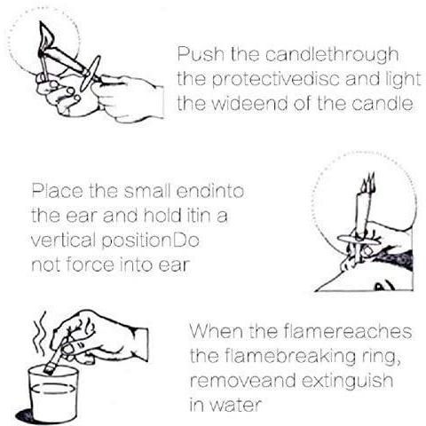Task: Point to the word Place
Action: pyautogui.click(x=57, y=191)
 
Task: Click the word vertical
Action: pyautogui.click(x=65, y=241)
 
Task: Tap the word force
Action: pyautogui.click(x=90, y=264)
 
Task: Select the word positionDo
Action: pyautogui.click(x=150, y=241)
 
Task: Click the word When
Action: pyautogui.click(x=217, y=331)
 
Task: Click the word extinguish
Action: pyautogui.click(x=347, y=381)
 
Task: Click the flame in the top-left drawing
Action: pyautogui.click(x=47, y=35)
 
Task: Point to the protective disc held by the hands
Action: pyautogui.click(x=91, y=74)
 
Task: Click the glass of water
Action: pyautogui.click(x=53, y=393)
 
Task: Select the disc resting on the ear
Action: pyautogui.click(x=359, y=241)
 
